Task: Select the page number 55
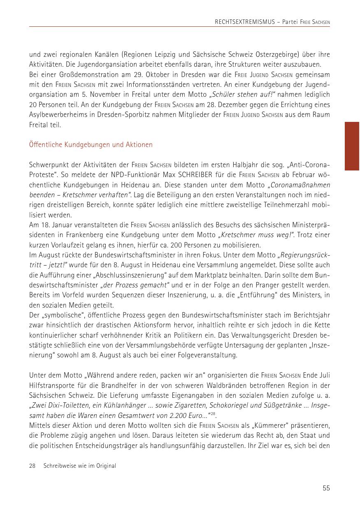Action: point(326,488)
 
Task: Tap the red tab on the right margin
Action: point(352,146)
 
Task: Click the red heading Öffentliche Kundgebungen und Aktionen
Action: point(91,145)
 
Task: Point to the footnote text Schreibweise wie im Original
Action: point(80,466)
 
